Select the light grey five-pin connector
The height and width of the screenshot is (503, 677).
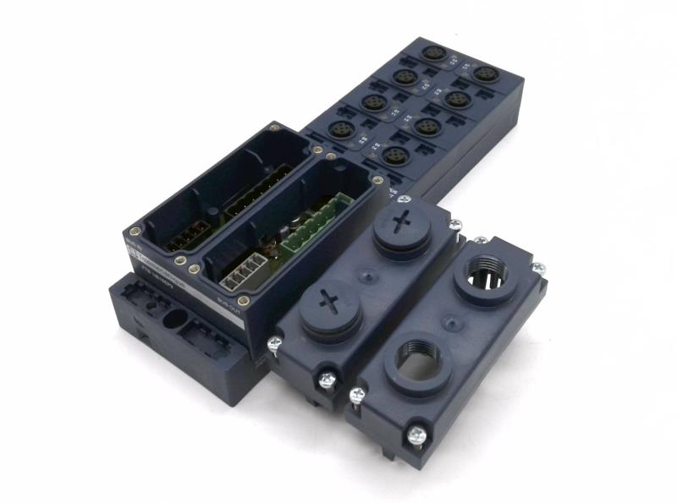pyautogui.click(x=245, y=271)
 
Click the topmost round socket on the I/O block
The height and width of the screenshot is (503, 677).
pyautogui.click(x=433, y=53)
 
